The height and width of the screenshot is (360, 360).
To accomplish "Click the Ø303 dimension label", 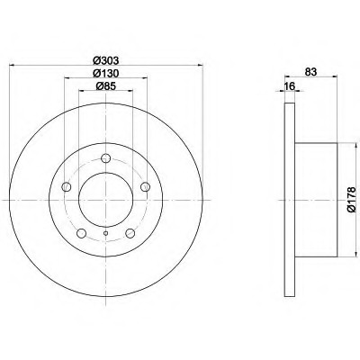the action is (106, 60).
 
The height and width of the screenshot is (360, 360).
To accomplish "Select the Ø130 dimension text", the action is (106, 73).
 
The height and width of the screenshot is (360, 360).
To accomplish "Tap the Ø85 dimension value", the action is (106, 86).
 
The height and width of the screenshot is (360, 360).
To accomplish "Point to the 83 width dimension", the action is (310, 72).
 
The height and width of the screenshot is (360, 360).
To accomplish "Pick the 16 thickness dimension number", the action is (290, 86).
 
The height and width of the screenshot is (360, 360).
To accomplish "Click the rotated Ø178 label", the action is (352, 200).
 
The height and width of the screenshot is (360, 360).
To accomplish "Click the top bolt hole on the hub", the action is (105, 157).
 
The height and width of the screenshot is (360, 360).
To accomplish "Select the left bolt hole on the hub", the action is (66, 187).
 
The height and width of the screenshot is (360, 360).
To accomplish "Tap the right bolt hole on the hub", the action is (145, 186).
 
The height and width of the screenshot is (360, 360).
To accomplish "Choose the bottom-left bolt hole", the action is (81, 233).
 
